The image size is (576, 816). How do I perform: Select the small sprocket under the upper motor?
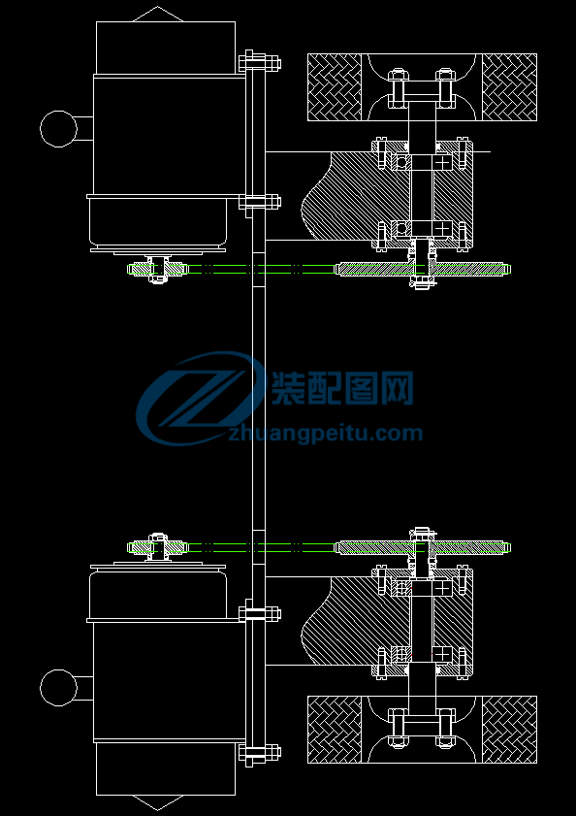158,269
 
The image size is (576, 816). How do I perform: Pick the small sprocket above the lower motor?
158,547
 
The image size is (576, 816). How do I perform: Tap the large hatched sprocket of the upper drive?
423,269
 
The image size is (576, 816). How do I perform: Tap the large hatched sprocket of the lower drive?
423,547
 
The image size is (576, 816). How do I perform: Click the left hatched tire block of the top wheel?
335,87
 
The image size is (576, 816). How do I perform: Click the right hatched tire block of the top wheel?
509,87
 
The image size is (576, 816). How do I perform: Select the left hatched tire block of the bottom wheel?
335,729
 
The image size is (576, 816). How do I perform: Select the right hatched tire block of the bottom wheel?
509,729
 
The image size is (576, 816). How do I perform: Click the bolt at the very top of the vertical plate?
260,62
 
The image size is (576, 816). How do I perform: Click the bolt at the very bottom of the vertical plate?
260,754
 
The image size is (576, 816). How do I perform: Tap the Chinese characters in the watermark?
342,388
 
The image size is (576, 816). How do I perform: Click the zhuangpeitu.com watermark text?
325,433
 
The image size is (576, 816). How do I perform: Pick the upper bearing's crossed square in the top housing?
442,162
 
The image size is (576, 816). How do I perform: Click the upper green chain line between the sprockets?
260,266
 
